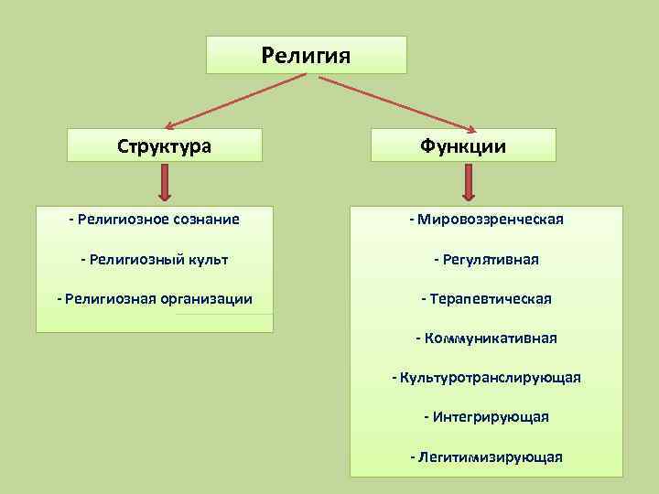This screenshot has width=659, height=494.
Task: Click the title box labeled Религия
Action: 306,55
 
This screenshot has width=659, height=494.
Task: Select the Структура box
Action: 166,145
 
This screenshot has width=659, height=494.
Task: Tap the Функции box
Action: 463,145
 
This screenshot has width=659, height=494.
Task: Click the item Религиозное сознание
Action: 154,220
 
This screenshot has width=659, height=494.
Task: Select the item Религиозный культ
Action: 154,260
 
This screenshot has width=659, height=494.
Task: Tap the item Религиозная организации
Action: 154,299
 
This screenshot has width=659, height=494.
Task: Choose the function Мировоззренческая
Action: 486,220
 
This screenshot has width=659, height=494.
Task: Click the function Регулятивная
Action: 486,260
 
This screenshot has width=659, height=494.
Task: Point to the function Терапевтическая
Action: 486,299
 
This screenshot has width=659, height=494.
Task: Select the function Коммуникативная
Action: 486,338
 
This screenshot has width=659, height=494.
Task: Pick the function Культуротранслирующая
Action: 486,378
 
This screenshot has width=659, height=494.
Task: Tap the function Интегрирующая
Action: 486,417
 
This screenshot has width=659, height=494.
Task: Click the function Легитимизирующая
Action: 486,456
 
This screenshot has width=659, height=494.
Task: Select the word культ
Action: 206,260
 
